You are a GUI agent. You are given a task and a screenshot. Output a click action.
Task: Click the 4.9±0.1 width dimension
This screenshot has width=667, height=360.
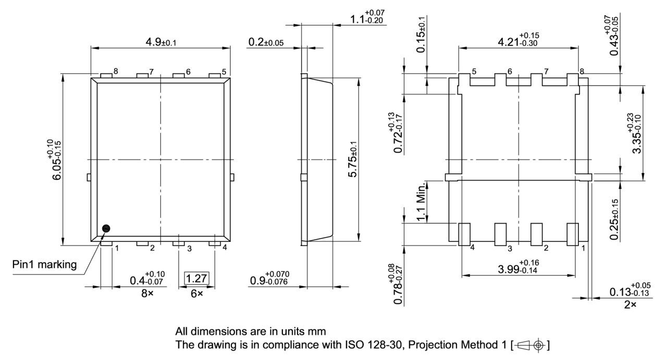160,42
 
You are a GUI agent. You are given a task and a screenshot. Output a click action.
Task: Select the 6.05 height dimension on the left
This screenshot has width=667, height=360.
56,160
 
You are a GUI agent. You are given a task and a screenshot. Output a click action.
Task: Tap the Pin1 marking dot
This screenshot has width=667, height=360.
106,228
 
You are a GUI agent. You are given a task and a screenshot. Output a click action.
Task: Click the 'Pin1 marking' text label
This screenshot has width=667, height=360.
44,265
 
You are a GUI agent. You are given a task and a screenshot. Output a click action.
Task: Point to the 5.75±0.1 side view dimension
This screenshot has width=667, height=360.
353,160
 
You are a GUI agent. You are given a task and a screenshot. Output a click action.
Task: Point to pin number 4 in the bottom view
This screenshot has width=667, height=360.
472,248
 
